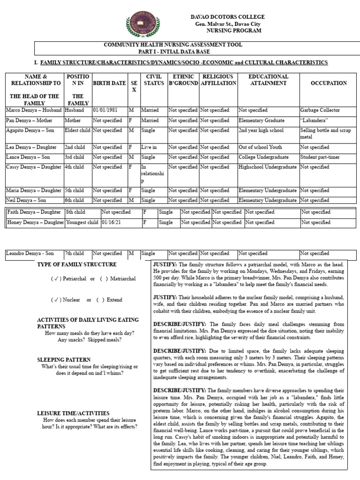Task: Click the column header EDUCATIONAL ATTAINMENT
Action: pos(268,80)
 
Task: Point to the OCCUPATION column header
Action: pos(329,83)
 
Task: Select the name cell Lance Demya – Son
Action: pos(28,157)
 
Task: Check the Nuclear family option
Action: pos(65,300)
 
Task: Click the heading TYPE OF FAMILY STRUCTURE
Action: pos(76,264)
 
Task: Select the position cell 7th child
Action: pos(75,254)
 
